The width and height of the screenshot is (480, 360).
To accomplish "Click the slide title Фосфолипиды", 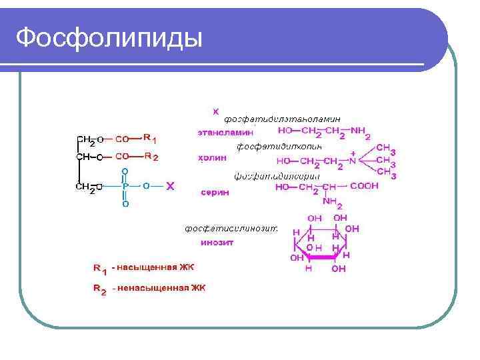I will (109, 37).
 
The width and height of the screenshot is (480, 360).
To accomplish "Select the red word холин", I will (213, 159).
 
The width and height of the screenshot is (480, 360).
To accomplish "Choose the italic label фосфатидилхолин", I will (279, 145).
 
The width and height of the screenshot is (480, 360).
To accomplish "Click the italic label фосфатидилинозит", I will (231, 228).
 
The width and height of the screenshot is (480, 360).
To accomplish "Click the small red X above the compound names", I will (215, 111).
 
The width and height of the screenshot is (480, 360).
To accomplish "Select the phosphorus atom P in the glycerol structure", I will (125, 187).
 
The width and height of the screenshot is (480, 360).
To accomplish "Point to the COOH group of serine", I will (364, 187).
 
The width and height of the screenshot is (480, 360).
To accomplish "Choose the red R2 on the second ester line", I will (150, 157).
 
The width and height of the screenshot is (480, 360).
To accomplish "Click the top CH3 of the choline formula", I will (386, 149).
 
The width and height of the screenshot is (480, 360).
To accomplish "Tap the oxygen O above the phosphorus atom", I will (125, 172).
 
